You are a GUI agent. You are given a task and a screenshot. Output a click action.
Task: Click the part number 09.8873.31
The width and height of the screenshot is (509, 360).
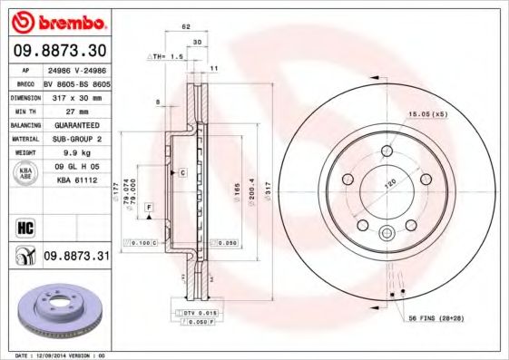pos(76,258)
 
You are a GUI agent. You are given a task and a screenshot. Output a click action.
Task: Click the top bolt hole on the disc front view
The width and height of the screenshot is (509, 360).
pos(386,151)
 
